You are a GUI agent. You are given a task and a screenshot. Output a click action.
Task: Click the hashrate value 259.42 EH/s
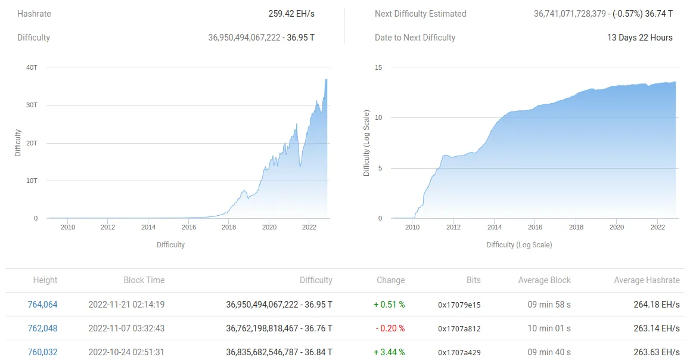pyautogui.click(x=291, y=14)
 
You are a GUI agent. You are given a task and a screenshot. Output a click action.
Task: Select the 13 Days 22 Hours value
pyautogui.click(x=639, y=38)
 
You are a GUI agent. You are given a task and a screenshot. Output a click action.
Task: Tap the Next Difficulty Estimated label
pyautogui.click(x=420, y=14)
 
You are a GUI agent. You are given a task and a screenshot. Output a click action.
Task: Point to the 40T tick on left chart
pyautogui.click(x=32, y=67)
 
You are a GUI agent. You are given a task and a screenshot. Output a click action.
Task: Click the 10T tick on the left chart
pyautogui.click(x=32, y=181)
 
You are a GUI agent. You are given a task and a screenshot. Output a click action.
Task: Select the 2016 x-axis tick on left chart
pyautogui.click(x=188, y=227)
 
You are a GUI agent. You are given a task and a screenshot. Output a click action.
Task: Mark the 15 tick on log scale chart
pyautogui.click(x=378, y=67)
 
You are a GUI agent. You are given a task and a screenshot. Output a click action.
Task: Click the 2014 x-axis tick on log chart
pyautogui.click(x=494, y=227)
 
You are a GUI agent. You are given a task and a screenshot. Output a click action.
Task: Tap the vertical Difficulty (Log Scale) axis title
pyautogui.click(x=366, y=142)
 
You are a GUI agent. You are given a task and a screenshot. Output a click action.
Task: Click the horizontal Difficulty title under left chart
pyautogui.click(x=170, y=245)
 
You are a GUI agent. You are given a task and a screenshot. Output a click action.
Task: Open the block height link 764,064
pyautogui.click(x=43, y=305)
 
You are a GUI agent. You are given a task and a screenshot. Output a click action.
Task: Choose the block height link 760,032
pyautogui.click(x=43, y=352)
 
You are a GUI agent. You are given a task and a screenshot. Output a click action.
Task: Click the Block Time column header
pyautogui.click(x=144, y=280)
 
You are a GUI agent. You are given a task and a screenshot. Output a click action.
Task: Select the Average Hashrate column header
pyautogui.click(x=647, y=280)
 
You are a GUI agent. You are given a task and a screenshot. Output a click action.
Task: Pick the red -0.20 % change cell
pyautogui.click(x=390, y=328)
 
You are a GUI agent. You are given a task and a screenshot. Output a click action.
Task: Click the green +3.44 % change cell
pyautogui.click(x=389, y=352)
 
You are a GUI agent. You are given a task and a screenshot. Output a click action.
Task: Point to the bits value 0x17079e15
pyautogui.click(x=459, y=305)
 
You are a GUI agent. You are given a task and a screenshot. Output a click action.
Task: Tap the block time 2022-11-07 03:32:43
pyautogui.click(x=126, y=328)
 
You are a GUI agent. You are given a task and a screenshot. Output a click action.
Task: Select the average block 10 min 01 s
pyautogui.click(x=549, y=328)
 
